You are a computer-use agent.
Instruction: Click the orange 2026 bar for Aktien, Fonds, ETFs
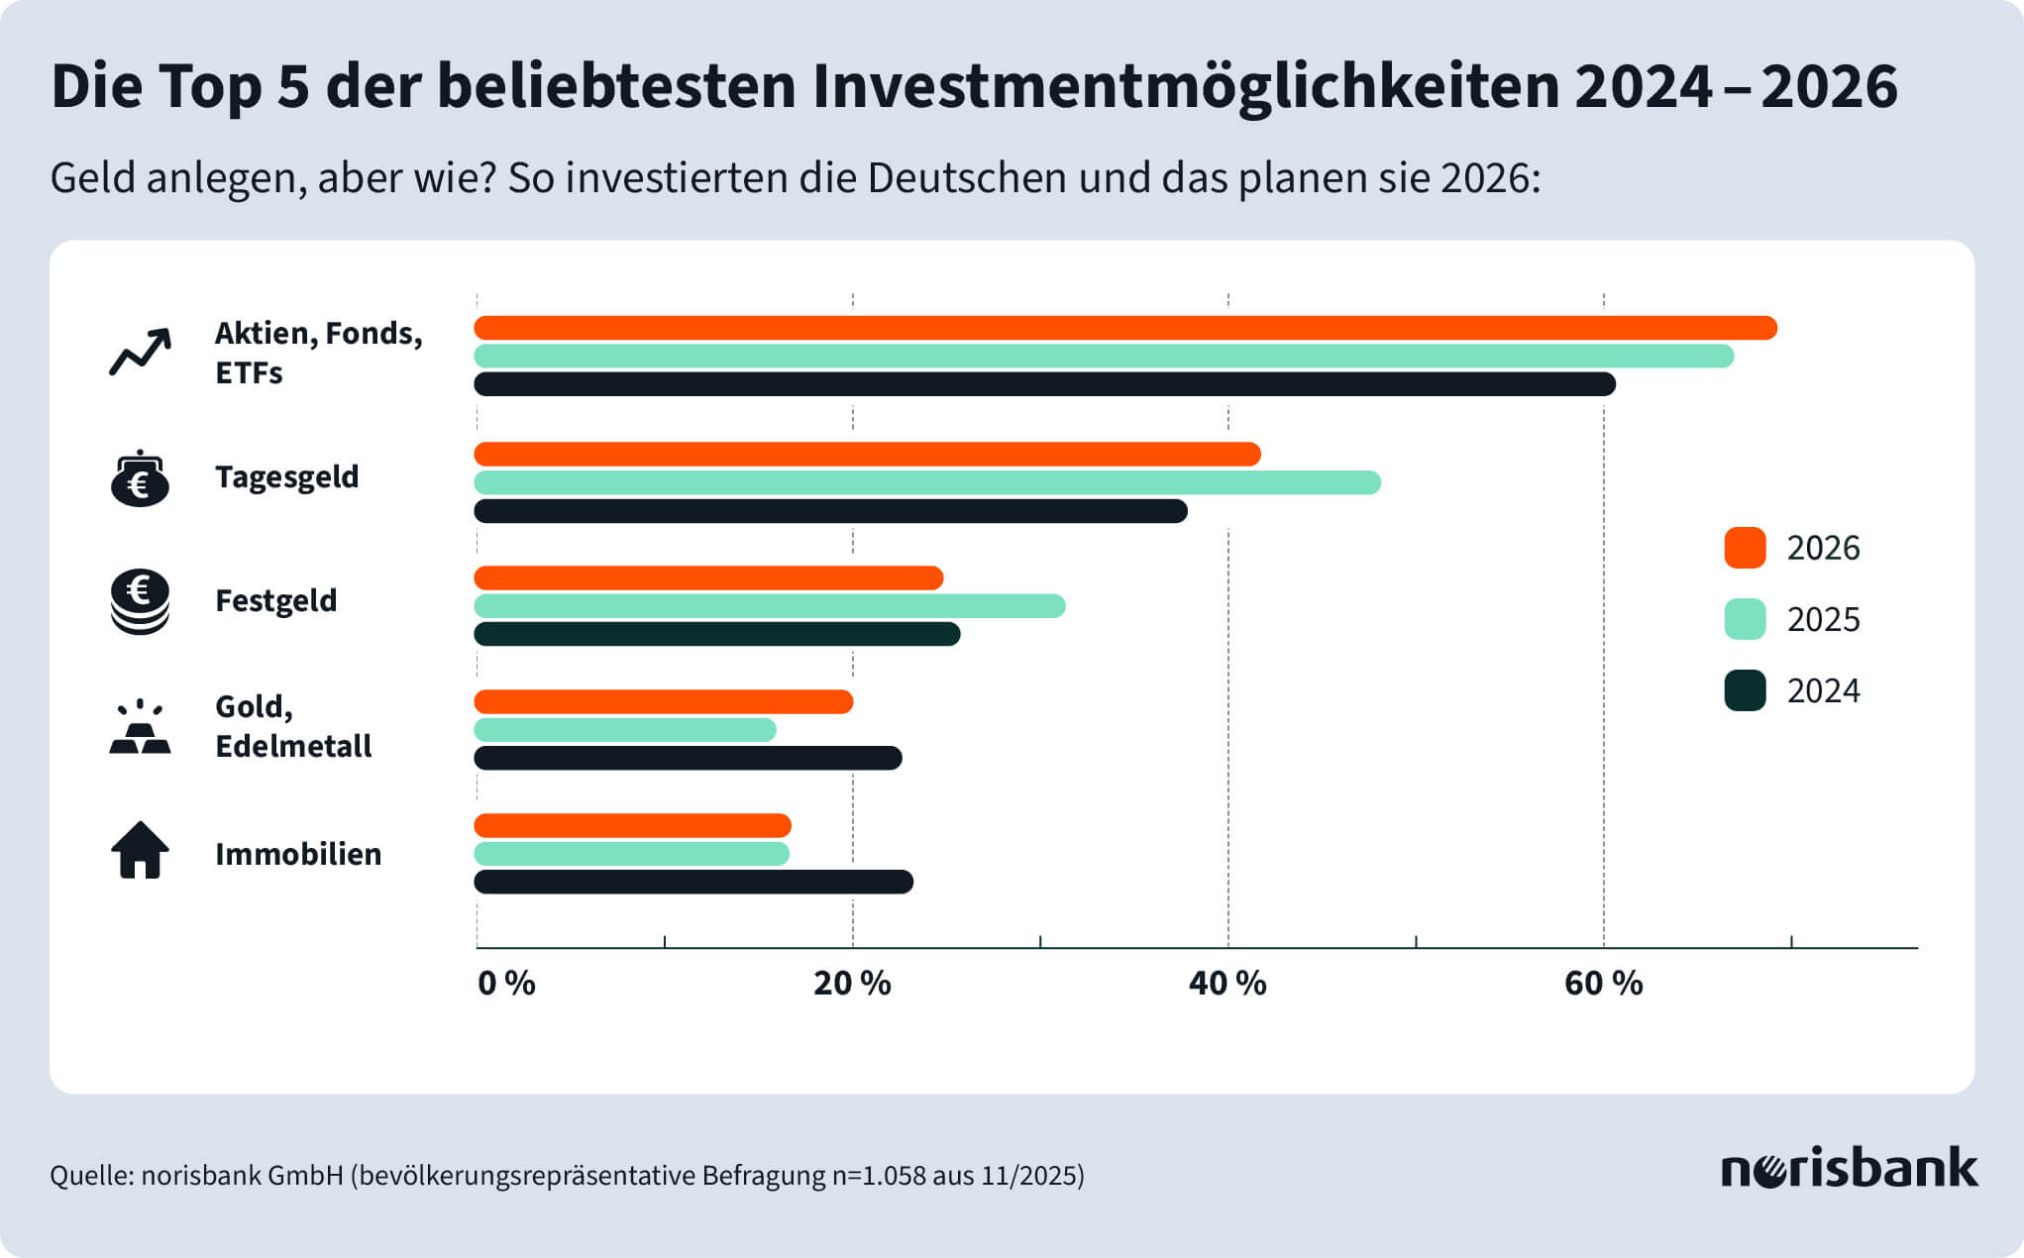coord(1124,328)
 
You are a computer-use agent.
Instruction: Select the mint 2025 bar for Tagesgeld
coord(926,482)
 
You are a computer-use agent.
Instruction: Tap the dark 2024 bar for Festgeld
coord(716,634)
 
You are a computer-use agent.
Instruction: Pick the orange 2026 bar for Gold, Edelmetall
coord(663,702)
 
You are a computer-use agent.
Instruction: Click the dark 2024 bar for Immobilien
coord(692,882)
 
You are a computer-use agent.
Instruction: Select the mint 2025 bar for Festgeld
coord(769,606)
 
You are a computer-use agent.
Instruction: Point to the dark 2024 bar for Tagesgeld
coord(830,511)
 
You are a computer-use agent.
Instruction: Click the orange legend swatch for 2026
coord(1745,548)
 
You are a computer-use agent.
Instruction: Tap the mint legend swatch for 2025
coord(1745,619)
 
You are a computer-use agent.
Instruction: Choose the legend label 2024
coord(1823,690)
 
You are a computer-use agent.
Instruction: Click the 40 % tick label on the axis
coord(1227,984)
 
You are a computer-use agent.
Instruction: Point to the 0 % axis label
coord(506,984)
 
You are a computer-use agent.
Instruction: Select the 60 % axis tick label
coord(1603,984)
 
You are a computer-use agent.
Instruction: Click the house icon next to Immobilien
coord(140,851)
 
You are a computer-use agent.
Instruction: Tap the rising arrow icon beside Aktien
coord(140,352)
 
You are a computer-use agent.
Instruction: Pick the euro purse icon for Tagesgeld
coord(140,478)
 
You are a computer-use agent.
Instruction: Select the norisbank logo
coord(1849,1169)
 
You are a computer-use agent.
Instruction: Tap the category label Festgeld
coord(275,600)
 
